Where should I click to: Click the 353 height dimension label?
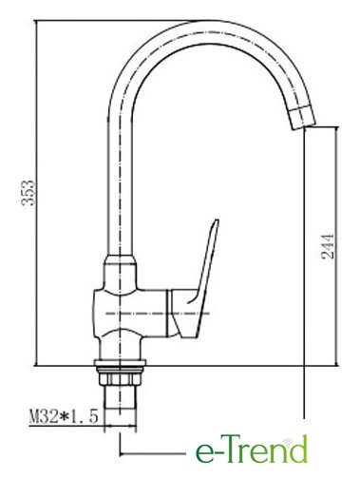click(x=28, y=193)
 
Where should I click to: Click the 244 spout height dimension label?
click(x=328, y=246)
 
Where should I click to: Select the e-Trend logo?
click(x=252, y=449)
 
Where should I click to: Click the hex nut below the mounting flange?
click(x=120, y=378)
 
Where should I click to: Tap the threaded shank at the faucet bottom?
click(x=121, y=397)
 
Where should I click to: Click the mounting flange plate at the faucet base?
click(x=120, y=363)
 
